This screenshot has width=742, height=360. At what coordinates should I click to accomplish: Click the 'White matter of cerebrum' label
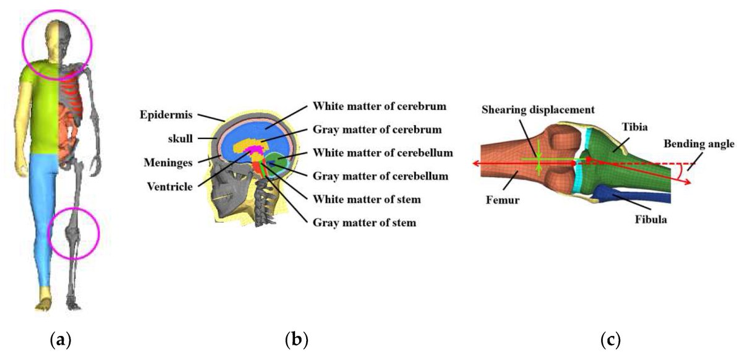[x=380, y=106]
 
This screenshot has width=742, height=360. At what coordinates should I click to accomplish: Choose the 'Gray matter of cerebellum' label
[x=380, y=176]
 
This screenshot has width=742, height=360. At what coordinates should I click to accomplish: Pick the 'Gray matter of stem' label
[x=364, y=222]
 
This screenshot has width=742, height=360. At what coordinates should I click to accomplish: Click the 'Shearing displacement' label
[x=538, y=109]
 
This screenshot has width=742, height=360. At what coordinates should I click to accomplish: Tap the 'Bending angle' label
[x=699, y=144]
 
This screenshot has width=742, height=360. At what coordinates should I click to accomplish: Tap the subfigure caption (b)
[x=296, y=339]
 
